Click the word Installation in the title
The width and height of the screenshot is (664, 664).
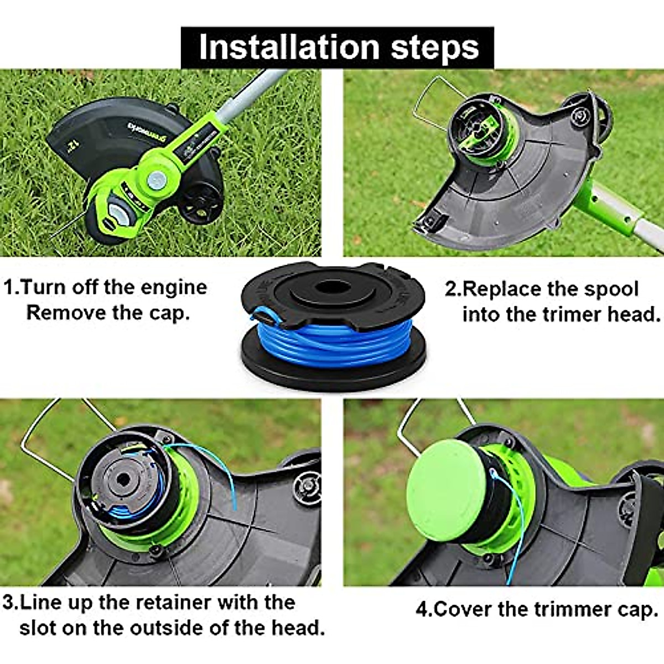tap(289, 47)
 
